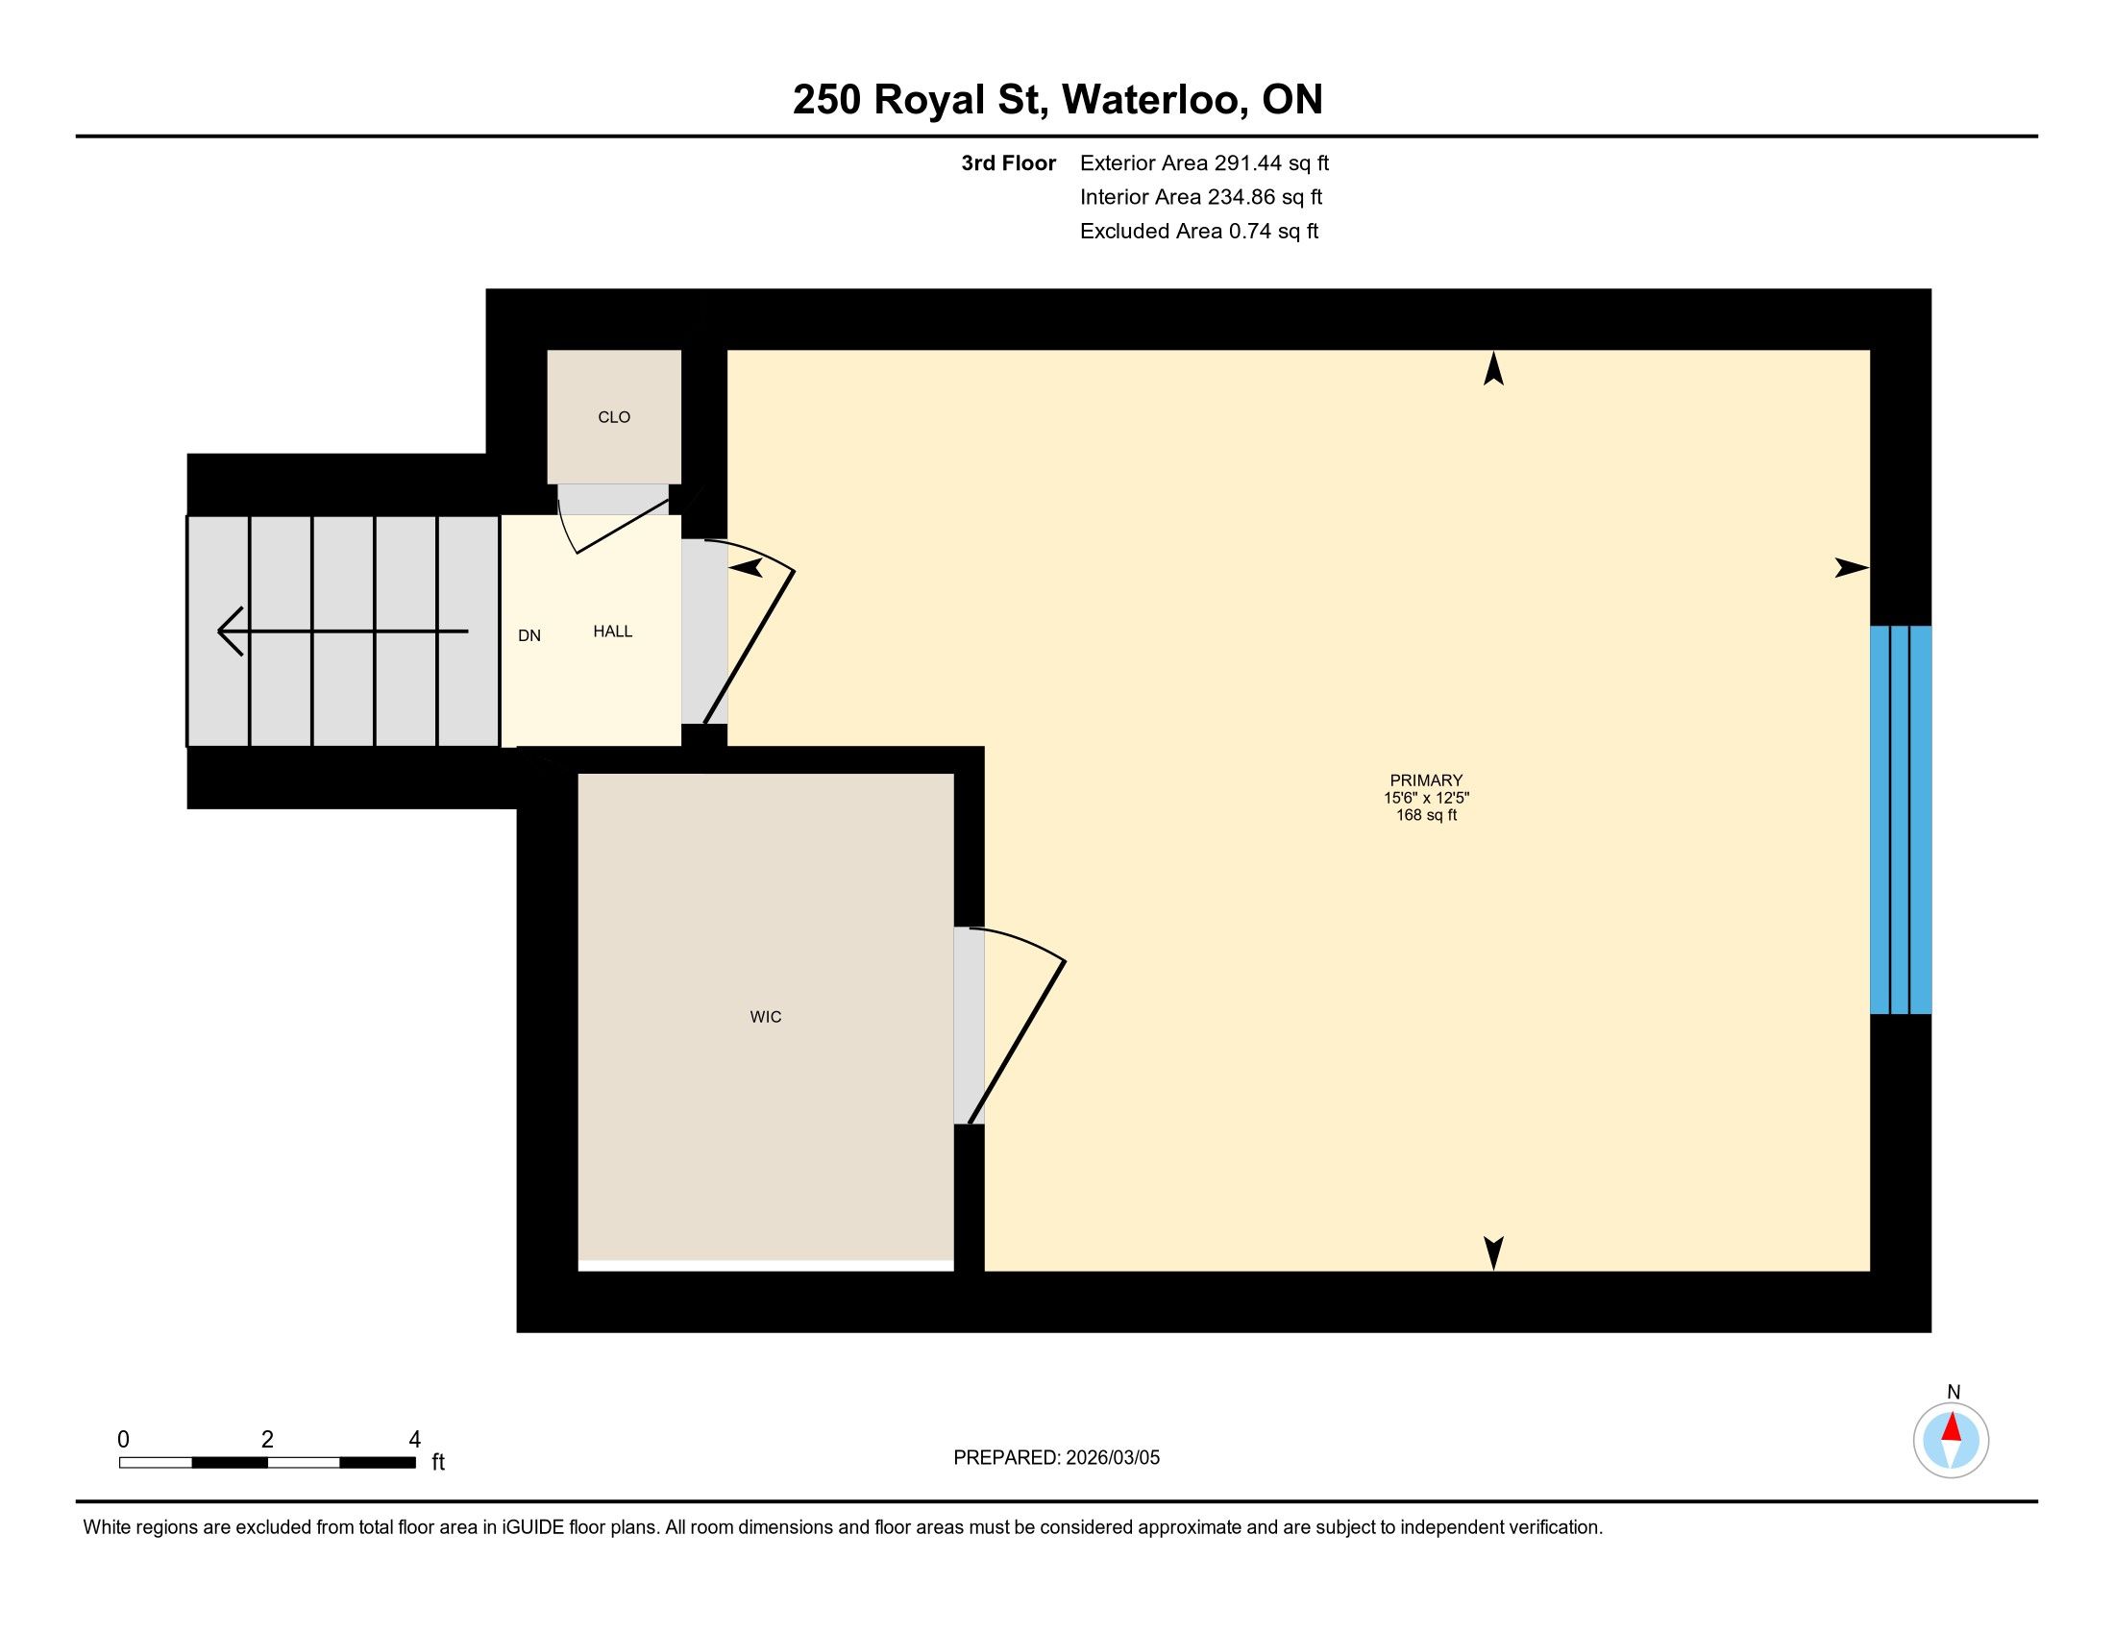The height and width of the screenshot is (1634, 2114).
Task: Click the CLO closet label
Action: [x=614, y=417]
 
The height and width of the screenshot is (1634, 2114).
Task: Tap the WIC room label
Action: [x=766, y=1016]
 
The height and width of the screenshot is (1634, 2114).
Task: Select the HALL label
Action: [x=613, y=631]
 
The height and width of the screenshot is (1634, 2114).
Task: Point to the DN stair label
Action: [x=529, y=636]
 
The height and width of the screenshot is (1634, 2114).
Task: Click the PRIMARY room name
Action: [x=1426, y=780]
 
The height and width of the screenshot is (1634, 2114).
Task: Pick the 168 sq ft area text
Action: [x=1426, y=815]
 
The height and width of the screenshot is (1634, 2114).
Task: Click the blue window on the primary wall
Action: [x=1900, y=820]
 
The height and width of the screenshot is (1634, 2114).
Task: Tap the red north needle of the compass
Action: [x=1952, y=1426]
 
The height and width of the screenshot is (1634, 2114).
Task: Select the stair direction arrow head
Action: [x=231, y=632]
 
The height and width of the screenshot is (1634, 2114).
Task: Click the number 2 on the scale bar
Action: [x=267, y=1440]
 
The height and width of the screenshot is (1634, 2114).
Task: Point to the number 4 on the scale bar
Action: [x=414, y=1440]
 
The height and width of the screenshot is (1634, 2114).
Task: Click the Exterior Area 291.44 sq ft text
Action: [x=1204, y=162]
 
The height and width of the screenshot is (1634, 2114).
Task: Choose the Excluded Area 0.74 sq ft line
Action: [x=1199, y=231]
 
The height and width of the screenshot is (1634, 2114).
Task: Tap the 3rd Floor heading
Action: [x=1008, y=162]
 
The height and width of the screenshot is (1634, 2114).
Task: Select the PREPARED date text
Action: [x=1056, y=1458]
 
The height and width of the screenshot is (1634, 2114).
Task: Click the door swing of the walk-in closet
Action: [x=1017, y=1027]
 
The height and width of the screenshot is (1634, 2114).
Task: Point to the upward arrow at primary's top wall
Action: [x=1493, y=368]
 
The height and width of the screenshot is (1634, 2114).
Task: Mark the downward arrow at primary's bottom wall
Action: [x=1493, y=1253]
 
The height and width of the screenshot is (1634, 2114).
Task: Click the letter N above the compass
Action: [x=1954, y=1392]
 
